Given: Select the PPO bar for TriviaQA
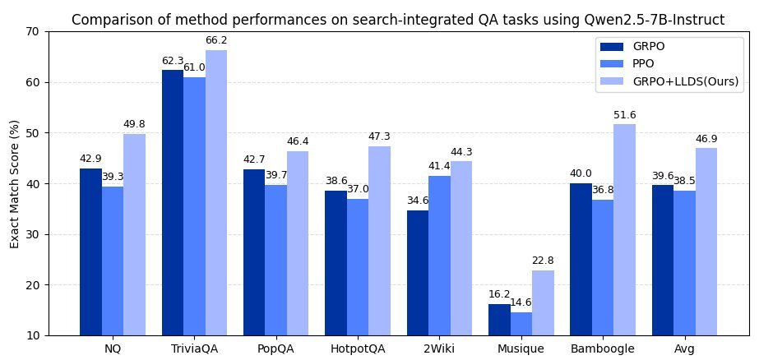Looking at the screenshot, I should coord(194,206).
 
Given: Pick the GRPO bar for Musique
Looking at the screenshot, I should coord(499,320).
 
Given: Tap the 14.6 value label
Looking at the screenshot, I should coord(521,302).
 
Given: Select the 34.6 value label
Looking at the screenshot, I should coord(418,200).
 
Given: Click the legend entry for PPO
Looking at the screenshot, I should coord(644,63).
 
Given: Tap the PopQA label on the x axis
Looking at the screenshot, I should coord(275,348).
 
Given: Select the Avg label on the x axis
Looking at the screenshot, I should coord(684,348).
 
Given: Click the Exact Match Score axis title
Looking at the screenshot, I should coord(14,183).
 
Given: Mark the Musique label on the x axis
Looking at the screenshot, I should coord(521,348).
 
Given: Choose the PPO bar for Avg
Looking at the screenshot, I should coord(684,263).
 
